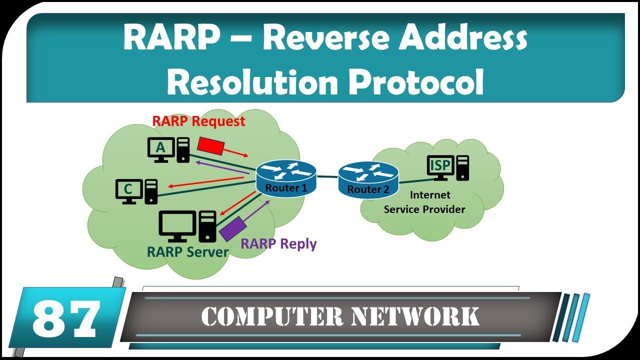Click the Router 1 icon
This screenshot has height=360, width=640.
click(286, 177)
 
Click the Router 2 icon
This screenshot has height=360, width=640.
click(368, 180)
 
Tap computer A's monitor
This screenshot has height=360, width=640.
click(160, 148)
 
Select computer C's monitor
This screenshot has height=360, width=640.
click(128, 190)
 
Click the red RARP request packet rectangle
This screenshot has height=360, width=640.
click(209, 144)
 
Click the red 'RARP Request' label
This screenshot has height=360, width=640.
click(198, 121)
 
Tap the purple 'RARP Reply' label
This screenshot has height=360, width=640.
click(278, 243)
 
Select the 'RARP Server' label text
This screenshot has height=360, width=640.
click(187, 251)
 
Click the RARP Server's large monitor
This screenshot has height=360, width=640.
click(177, 225)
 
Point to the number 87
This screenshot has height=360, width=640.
click(65, 318)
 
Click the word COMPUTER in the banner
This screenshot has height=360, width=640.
click(271, 316)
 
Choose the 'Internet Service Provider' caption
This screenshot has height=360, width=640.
click(424, 202)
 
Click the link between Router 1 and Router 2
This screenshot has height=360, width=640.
click(327, 176)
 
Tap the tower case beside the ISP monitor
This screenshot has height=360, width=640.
click(463, 167)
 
